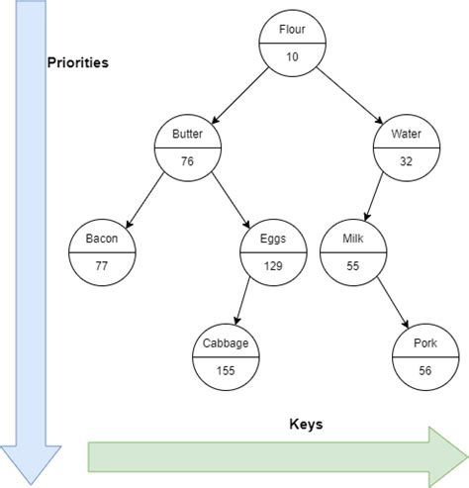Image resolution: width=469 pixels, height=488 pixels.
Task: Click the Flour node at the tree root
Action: point(293,44)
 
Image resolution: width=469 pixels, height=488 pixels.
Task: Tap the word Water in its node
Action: point(406,134)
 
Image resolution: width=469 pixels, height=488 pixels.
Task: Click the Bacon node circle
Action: point(102,252)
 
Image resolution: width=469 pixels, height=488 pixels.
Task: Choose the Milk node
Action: point(353,252)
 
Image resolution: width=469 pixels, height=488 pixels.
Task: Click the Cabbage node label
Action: point(227,343)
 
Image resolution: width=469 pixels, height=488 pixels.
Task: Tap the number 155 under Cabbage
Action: point(227,372)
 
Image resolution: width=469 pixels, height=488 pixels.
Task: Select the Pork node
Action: point(425,357)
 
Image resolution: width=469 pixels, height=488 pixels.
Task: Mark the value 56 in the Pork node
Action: point(425,372)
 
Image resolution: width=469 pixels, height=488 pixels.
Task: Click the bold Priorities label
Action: point(78,62)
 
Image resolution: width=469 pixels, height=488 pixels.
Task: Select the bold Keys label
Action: point(306,424)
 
